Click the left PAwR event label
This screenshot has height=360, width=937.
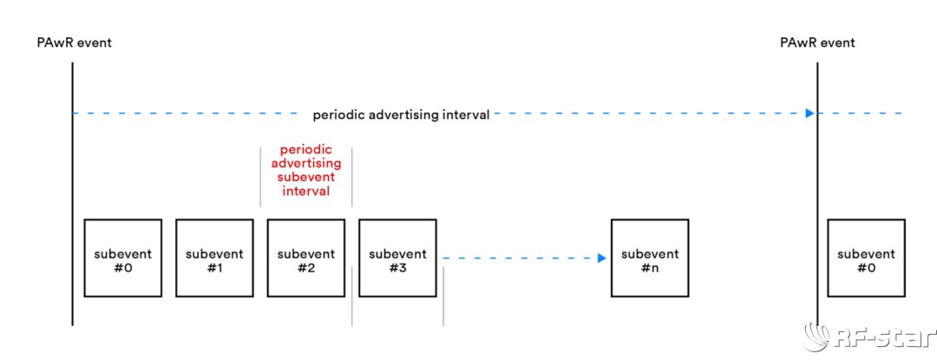(x=74, y=43)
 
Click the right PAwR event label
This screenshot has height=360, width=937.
(x=817, y=43)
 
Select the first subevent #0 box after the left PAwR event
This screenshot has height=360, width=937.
(x=123, y=258)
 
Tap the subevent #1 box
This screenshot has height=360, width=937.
(x=214, y=258)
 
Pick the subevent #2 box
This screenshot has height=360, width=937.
(x=306, y=258)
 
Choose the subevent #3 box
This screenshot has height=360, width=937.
(x=397, y=258)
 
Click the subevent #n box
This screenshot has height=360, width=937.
(x=650, y=258)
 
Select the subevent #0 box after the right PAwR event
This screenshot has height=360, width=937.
(x=866, y=258)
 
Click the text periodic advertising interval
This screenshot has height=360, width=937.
(x=401, y=115)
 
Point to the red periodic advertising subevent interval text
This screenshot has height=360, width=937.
(x=306, y=170)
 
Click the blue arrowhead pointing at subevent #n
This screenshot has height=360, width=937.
(x=602, y=258)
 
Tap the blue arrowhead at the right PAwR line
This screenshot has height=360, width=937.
(x=809, y=113)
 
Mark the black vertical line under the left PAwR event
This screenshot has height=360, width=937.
(x=72, y=193)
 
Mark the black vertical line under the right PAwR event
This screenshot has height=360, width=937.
(x=817, y=193)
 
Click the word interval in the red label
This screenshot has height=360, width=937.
(x=306, y=192)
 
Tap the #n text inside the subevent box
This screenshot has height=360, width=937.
(x=650, y=268)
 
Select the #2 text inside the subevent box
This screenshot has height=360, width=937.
(x=306, y=268)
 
